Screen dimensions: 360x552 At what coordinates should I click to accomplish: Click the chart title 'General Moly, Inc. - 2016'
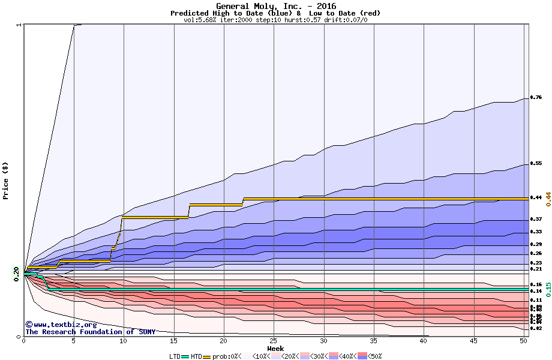click(275, 6)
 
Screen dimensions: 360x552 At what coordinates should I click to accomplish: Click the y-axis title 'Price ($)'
click(5, 181)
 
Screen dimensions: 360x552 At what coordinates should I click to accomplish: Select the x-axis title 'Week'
click(275, 348)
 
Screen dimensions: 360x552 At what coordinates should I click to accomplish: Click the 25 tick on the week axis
click(274, 341)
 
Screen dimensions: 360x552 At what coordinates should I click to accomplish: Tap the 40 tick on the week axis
click(424, 341)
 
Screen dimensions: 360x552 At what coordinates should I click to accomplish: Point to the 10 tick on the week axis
click(124, 341)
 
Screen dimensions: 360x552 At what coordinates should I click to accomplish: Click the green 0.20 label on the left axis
click(16, 274)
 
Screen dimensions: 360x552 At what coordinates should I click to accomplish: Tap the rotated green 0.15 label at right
click(547, 290)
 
